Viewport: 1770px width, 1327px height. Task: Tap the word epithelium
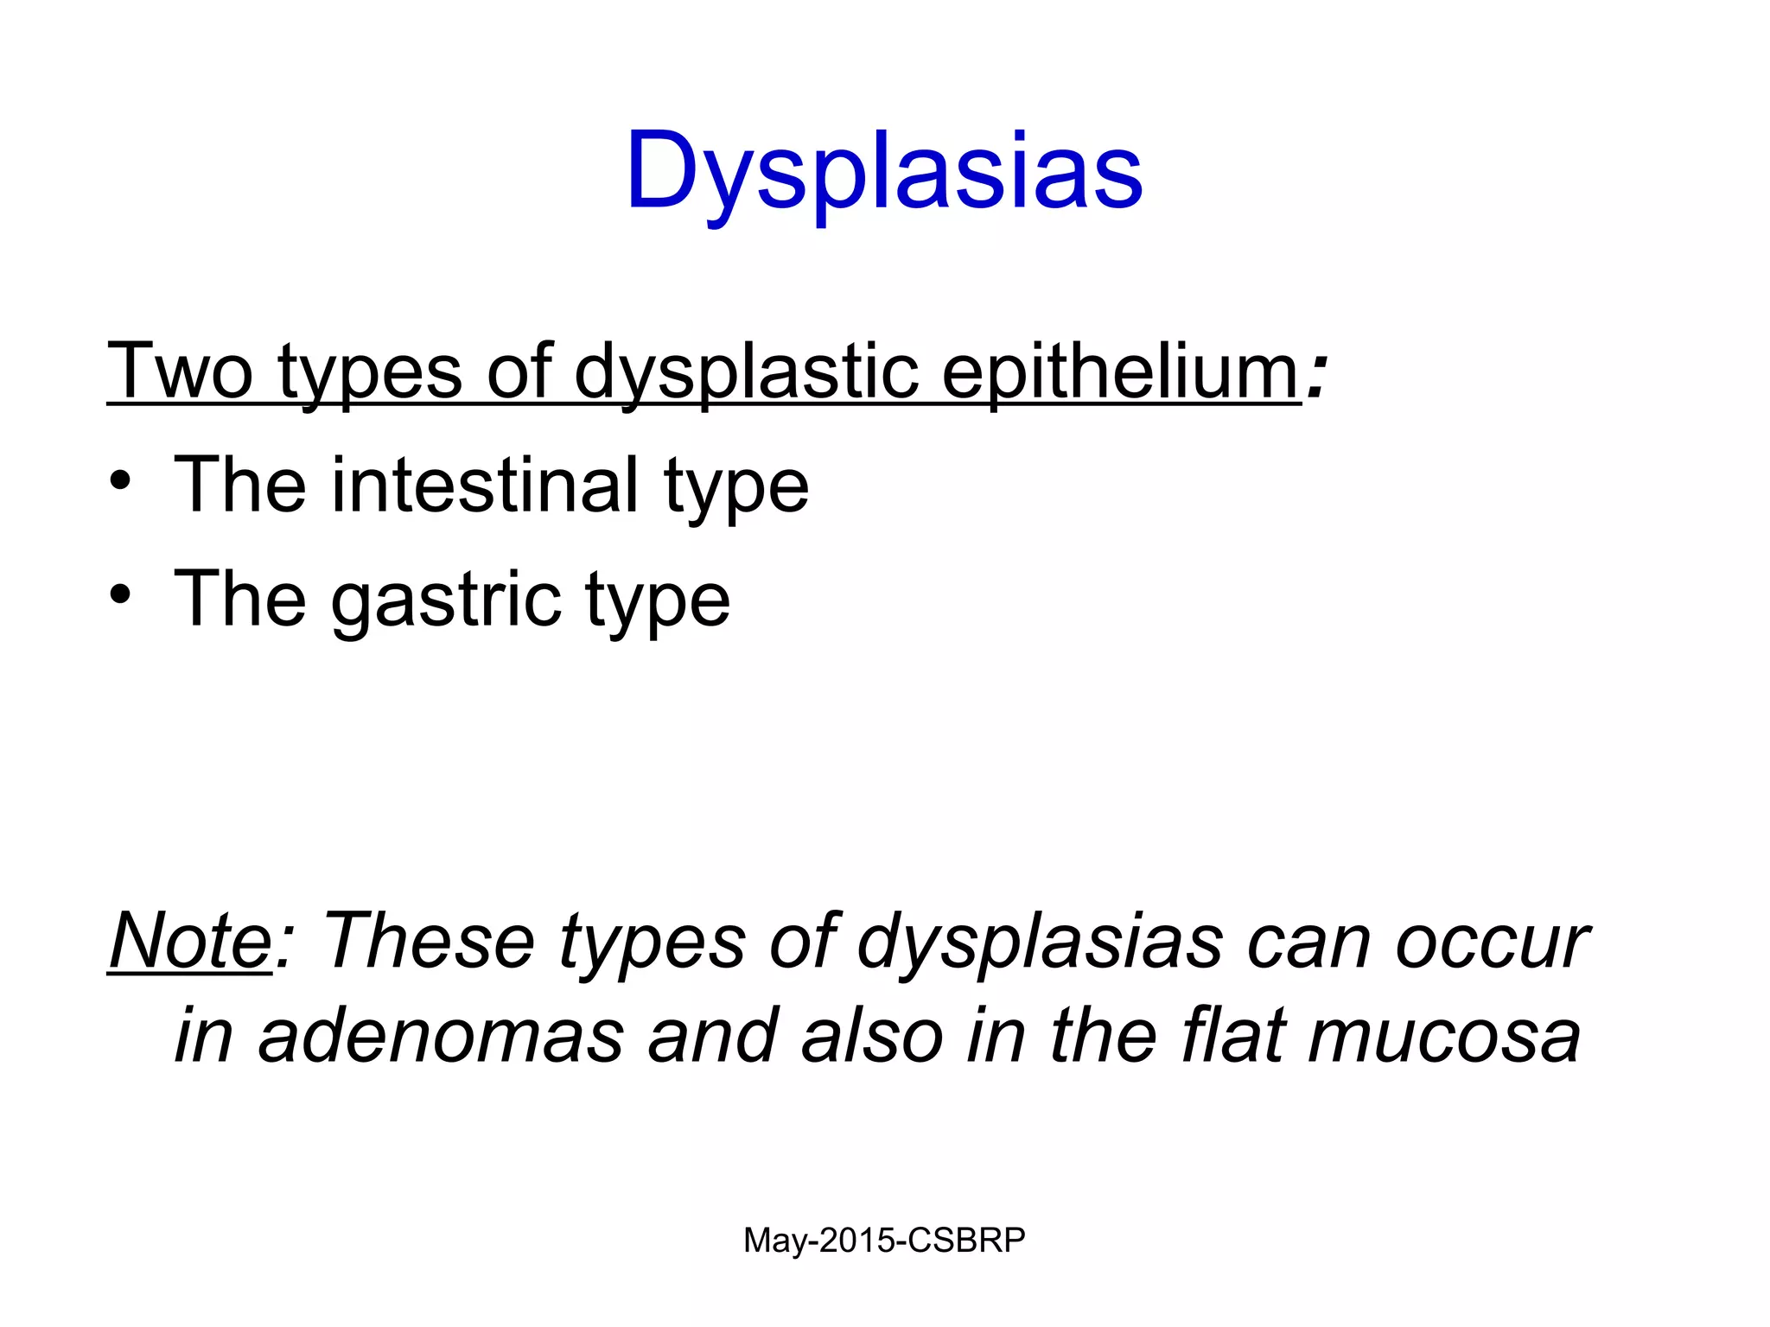coord(1121,371)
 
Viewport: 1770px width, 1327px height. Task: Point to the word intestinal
coord(485,486)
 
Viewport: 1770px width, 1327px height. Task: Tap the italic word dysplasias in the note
coord(1040,942)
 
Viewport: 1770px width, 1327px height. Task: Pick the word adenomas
coord(441,1037)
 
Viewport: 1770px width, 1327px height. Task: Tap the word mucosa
coord(1444,1037)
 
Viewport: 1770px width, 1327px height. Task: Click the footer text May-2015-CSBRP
coord(884,1241)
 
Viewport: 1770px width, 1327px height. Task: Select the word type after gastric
coord(658,600)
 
